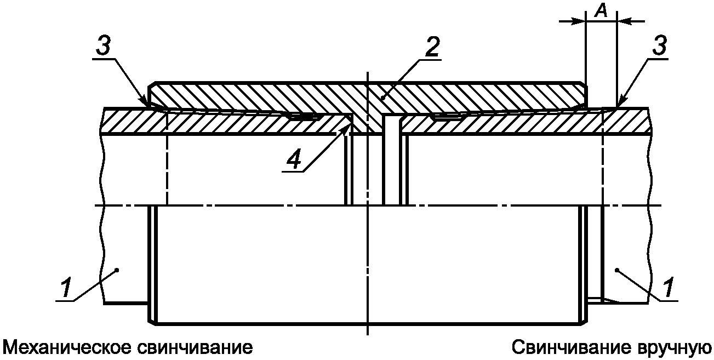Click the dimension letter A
pos(601,13)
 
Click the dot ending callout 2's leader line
pos(382,96)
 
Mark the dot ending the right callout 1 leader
pos(617,269)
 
